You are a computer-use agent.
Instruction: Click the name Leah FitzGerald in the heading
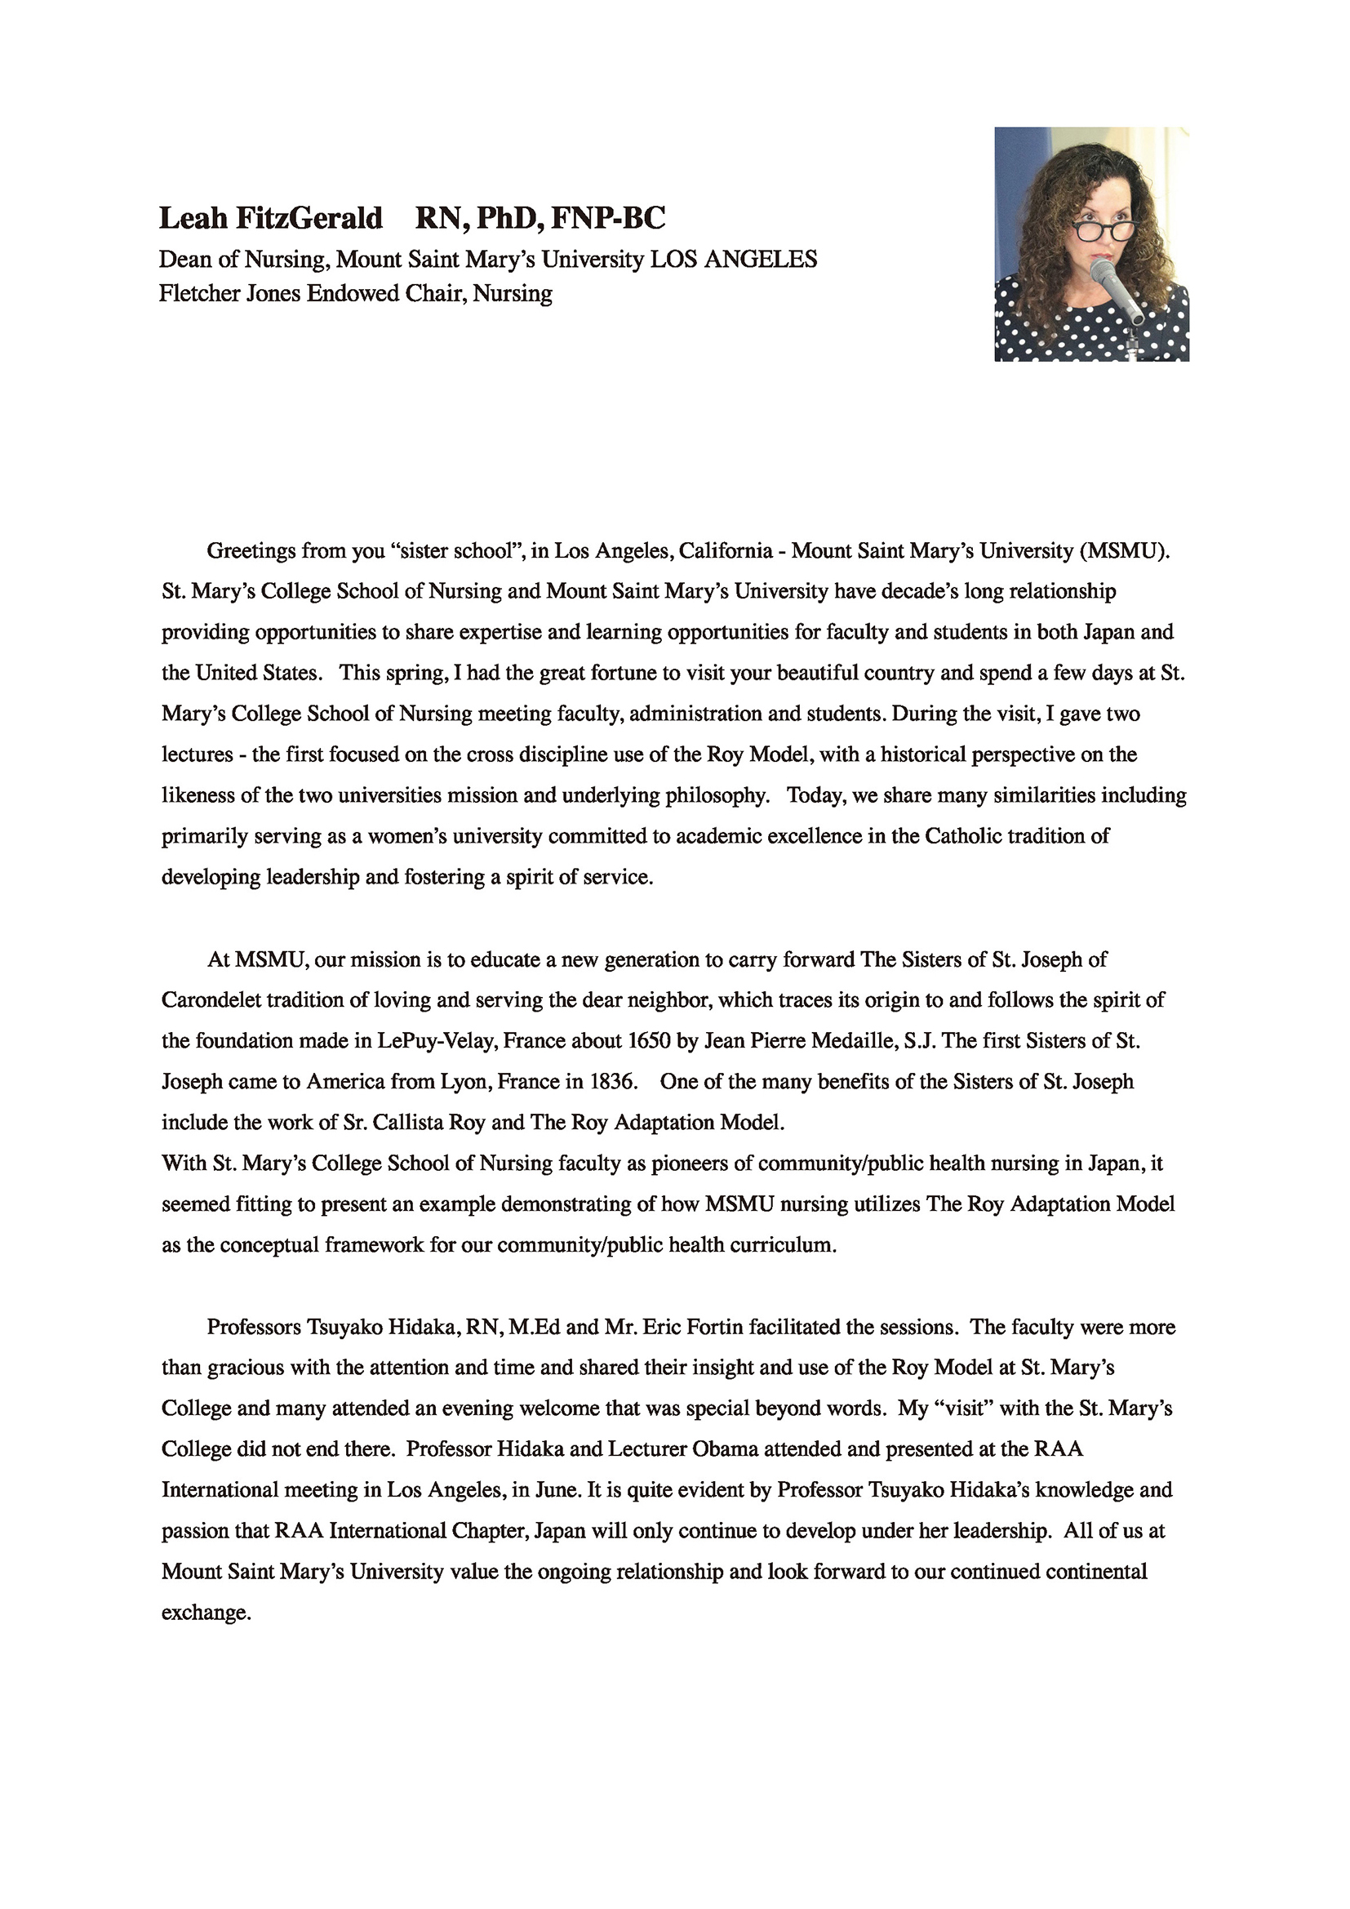click(x=270, y=218)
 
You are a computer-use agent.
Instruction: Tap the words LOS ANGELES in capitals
click(x=733, y=260)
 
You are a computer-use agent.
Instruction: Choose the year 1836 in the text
click(x=613, y=1082)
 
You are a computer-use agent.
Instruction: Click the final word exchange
click(x=206, y=1613)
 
